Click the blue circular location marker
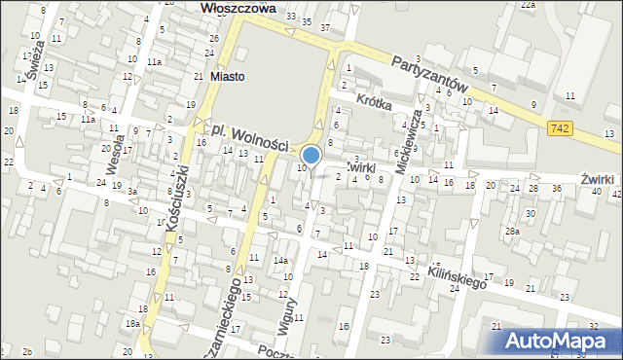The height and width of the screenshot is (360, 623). pos(311,155)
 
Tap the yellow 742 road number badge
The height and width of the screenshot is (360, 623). pos(559,128)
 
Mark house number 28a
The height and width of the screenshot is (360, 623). pos(511,231)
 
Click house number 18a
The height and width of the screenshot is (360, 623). pos(131,323)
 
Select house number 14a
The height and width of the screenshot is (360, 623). pos(281,261)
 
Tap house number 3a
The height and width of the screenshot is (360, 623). pos(131,192)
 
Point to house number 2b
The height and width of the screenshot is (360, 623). pos(27,351)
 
